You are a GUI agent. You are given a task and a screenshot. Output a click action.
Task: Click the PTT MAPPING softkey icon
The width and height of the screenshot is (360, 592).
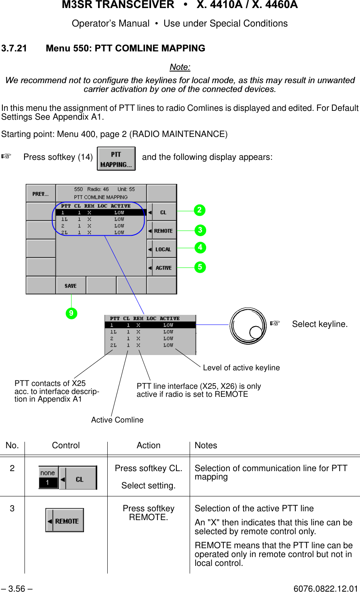point(116,159)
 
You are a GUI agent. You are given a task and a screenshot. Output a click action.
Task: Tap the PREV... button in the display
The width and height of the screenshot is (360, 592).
point(41,194)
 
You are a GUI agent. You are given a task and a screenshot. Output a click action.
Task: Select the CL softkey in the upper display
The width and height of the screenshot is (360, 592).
point(162,212)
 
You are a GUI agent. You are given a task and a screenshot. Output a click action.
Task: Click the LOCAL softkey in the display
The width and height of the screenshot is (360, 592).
point(162,249)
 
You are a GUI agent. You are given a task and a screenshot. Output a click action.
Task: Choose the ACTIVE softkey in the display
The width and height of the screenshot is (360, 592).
point(162,267)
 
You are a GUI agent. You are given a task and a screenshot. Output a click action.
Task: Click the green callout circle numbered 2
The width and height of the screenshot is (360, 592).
point(200,210)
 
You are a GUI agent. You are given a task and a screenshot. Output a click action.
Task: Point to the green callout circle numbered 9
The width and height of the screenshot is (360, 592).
point(71,313)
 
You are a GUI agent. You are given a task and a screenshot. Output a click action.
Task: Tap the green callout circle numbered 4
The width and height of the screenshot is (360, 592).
point(200,247)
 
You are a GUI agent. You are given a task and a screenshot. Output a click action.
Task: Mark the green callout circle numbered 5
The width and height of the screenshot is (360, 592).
point(200,267)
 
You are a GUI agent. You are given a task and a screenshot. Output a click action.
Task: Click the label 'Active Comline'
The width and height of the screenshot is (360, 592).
point(117,420)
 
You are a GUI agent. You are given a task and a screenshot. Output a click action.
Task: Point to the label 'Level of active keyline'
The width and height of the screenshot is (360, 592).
point(241,367)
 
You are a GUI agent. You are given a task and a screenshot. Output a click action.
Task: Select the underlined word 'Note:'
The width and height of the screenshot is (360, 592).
point(180,67)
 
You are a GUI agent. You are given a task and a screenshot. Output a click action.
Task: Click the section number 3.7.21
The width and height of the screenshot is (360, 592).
point(14,48)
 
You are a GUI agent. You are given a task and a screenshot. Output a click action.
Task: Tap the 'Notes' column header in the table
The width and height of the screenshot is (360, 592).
point(206,445)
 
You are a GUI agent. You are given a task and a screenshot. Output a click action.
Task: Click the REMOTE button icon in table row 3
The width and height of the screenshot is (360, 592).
point(65,521)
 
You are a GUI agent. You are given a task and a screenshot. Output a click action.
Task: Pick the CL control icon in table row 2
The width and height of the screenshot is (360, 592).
point(68,478)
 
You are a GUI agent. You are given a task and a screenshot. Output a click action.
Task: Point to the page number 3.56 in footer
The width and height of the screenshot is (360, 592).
point(17,588)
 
